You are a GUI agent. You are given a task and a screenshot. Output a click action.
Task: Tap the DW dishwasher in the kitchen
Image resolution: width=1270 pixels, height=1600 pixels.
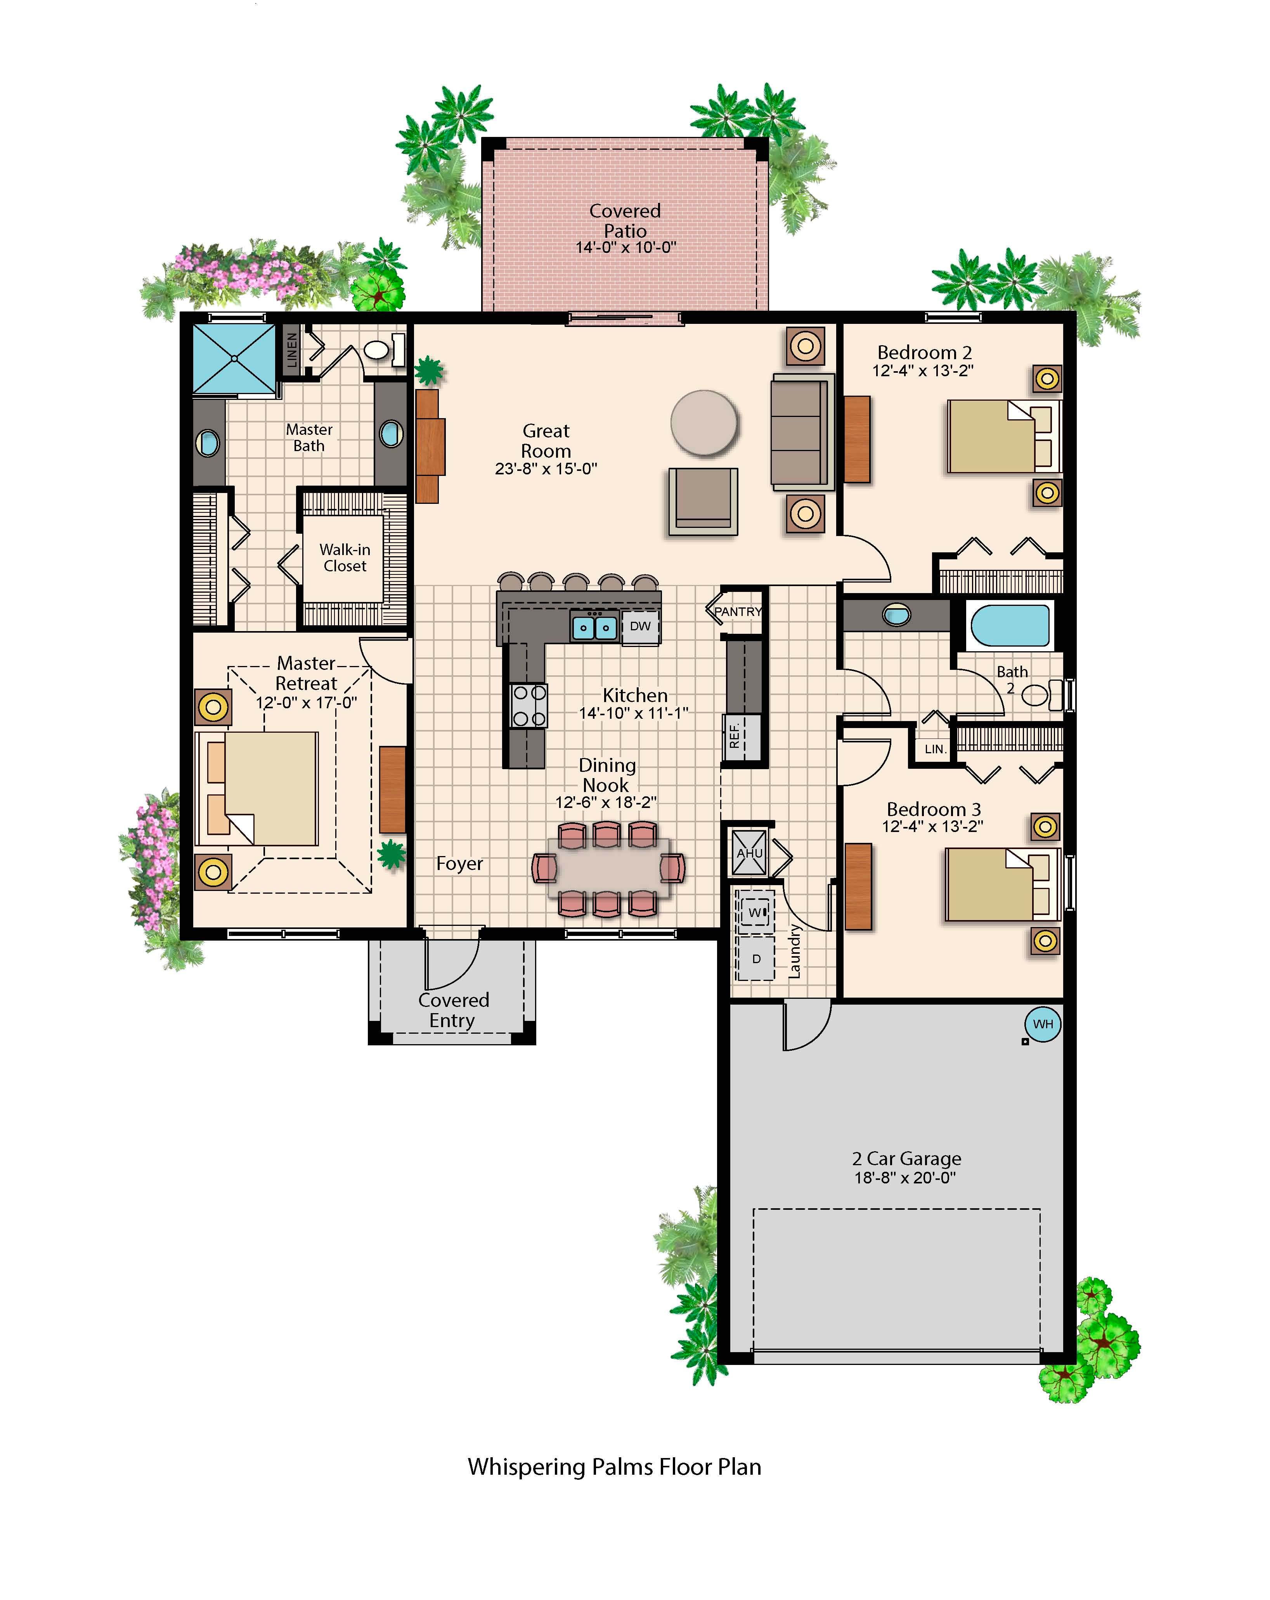click(640, 626)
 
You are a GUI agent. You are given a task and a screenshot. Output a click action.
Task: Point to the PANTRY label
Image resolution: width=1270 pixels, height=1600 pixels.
click(738, 612)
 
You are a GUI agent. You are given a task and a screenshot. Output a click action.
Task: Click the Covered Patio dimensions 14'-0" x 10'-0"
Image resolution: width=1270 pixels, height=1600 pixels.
click(626, 247)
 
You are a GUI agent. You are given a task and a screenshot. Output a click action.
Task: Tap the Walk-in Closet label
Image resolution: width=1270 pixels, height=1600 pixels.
click(345, 557)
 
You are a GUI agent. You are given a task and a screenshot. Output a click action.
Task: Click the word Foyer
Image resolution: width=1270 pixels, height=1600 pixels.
click(459, 864)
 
